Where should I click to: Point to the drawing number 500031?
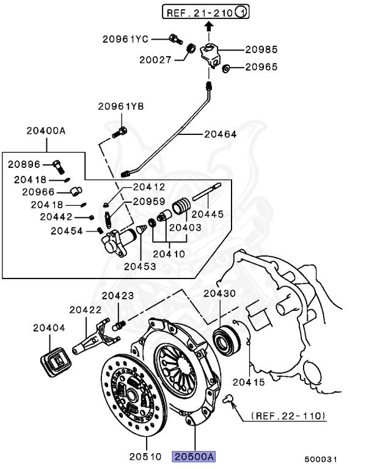point(321,459)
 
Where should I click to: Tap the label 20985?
point(261,49)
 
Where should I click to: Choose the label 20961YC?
point(125,38)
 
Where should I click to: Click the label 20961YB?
point(121,106)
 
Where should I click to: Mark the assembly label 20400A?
point(45,130)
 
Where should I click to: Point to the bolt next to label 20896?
point(58,165)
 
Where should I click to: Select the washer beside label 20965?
point(226,67)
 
